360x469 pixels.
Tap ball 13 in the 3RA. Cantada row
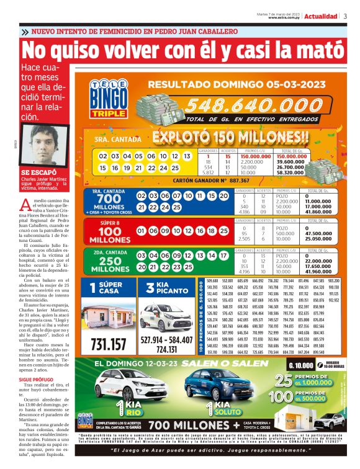(x=186, y=157)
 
